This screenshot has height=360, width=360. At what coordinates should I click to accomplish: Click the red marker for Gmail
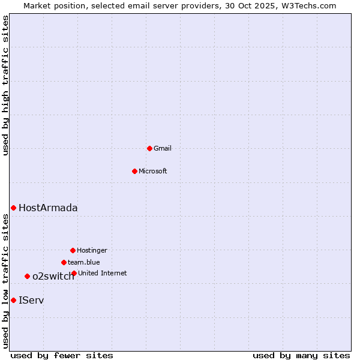(x=149, y=148)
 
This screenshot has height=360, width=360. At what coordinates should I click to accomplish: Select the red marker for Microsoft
(x=134, y=171)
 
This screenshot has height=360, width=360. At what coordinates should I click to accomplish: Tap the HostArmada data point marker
(x=13, y=208)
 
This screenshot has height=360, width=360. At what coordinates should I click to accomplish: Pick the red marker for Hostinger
(x=73, y=250)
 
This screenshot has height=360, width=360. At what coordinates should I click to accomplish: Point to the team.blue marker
(x=64, y=262)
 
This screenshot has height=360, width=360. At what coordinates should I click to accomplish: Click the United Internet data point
(x=74, y=273)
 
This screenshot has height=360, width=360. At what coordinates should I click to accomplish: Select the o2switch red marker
(x=27, y=276)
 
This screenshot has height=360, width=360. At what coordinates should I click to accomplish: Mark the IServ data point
(x=13, y=300)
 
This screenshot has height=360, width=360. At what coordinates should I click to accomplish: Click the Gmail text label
(x=163, y=148)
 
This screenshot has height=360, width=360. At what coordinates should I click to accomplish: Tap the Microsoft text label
(x=153, y=171)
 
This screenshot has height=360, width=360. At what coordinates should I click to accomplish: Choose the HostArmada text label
(x=48, y=208)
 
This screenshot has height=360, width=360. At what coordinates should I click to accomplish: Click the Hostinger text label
(x=92, y=250)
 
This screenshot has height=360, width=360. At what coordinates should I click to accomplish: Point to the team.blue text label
(x=84, y=262)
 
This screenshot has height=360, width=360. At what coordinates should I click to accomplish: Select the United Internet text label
(x=103, y=273)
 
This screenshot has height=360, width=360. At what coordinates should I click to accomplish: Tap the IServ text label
(x=31, y=300)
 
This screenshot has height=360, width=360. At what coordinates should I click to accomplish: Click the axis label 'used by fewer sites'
(x=62, y=355)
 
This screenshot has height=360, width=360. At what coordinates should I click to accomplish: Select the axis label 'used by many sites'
(x=301, y=355)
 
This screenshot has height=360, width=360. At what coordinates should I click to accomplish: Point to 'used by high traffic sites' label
(x=6, y=85)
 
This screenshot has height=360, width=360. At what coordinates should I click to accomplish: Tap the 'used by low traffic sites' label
(x=6, y=281)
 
